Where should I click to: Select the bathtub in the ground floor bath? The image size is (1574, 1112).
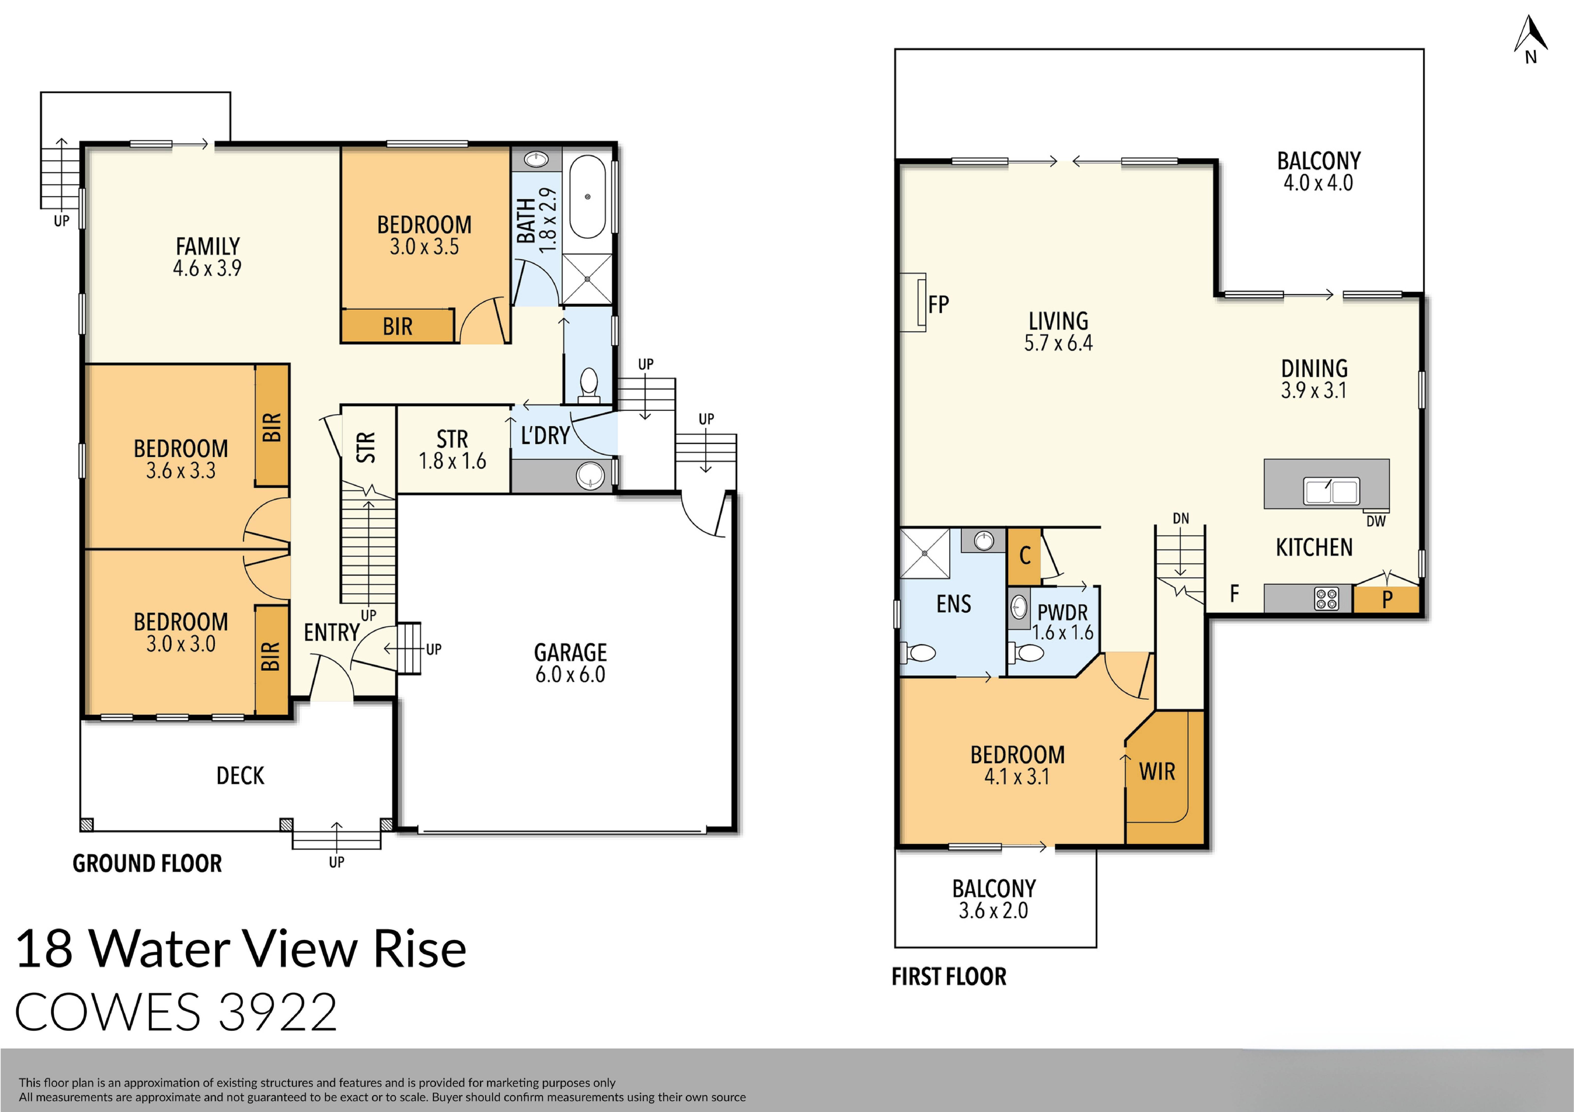point(588,197)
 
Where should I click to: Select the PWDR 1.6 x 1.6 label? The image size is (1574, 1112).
point(1063,622)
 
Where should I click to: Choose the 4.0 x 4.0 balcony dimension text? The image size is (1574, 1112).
point(1317,183)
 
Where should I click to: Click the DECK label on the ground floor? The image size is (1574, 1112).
point(240,775)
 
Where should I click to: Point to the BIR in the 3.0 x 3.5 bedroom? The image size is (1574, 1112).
point(398,326)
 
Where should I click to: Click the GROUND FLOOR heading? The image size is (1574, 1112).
point(147,863)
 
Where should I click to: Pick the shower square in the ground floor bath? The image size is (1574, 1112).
point(587,279)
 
